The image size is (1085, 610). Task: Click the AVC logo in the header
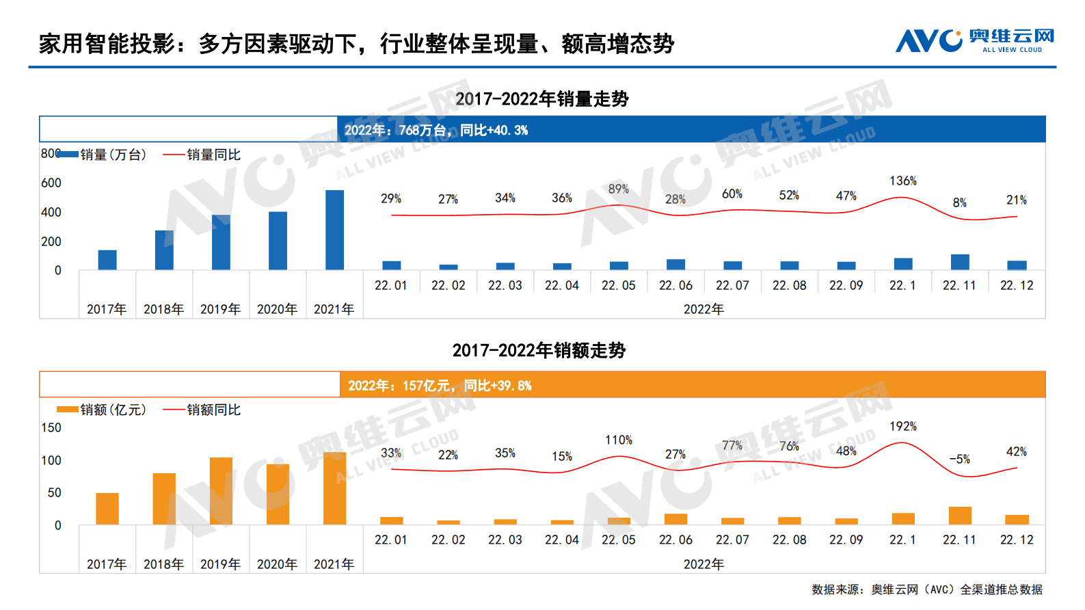click(x=974, y=41)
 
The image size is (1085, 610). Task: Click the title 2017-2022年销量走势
click(x=541, y=99)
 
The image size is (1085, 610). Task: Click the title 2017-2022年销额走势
click(x=539, y=351)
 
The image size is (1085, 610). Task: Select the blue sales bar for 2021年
click(x=334, y=230)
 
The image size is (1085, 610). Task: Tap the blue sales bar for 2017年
click(x=107, y=260)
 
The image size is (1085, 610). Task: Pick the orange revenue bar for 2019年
click(x=221, y=491)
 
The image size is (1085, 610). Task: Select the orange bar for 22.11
click(x=960, y=516)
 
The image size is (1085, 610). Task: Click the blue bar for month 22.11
click(x=960, y=262)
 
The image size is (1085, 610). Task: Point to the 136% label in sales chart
click(x=902, y=181)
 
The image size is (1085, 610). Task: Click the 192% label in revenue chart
click(x=902, y=427)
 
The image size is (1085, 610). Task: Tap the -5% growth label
click(x=959, y=460)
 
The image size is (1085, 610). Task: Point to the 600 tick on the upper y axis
click(x=51, y=183)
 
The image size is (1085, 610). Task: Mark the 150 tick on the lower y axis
click(x=51, y=428)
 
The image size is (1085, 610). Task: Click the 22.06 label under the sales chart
click(x=675, y=286)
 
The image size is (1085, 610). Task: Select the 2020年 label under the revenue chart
click(x=277, y=565)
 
